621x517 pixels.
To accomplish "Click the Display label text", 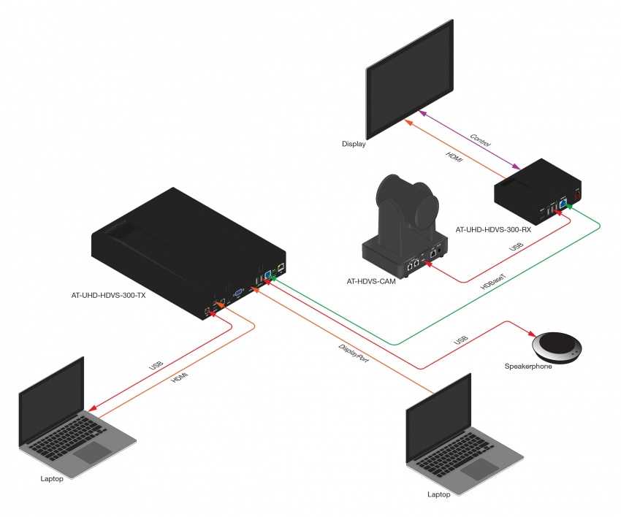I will (x=354, y=145).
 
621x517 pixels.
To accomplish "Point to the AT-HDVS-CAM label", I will (x=372, y=280).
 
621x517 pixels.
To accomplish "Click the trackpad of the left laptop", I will (x=93, y=451).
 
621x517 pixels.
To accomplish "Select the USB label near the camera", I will (x=516, y=250).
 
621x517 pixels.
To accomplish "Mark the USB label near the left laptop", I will (x=157, y=364).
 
